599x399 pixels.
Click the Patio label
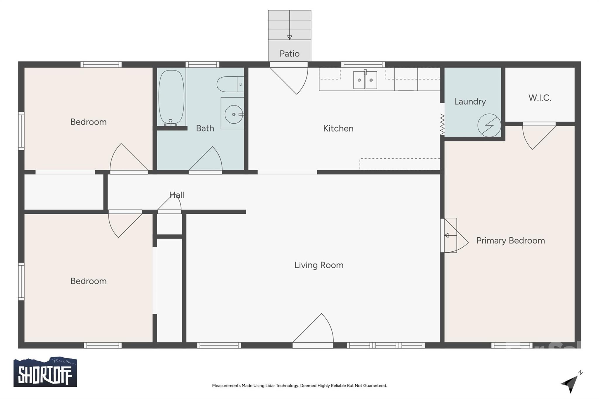[289, 54]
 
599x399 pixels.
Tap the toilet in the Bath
[230, 84]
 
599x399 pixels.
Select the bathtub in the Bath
[171, 97]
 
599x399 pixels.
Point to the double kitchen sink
[365, 80]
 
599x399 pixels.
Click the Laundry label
[470, 102]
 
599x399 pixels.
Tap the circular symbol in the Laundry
[489, 125]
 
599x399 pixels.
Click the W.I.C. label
[540, 98]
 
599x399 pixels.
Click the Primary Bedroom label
[510, 241]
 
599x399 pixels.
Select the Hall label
[177, 195]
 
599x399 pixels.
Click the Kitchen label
[338, 129]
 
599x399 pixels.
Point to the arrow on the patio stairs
[289, 37]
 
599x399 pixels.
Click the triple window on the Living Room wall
[385, 346]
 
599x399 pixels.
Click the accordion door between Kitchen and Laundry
[442, 125]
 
